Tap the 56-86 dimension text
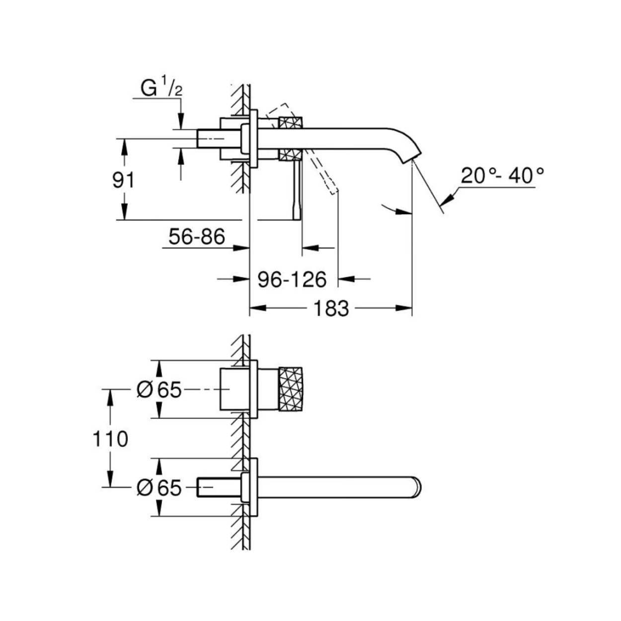point(197,236)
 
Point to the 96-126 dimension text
point(292,279)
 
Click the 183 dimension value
point(331,309)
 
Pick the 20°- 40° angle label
point(502,176)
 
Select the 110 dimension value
point(110,439)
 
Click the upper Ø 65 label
point(159,389)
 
